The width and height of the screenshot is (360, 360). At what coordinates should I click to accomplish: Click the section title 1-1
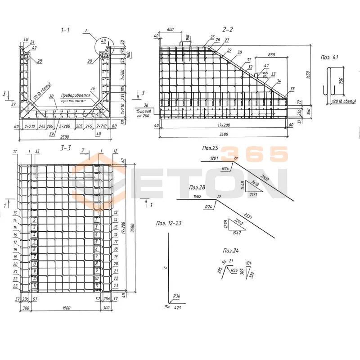[x=66, y=30]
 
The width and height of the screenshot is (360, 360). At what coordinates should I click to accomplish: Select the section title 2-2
[x=229, y=29]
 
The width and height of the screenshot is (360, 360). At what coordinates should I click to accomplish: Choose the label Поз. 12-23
[x=169, y=223]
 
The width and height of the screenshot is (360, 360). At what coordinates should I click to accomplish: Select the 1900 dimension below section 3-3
[x=66, y=308]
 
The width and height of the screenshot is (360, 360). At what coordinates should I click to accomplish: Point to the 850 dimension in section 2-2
[x=271, y=54]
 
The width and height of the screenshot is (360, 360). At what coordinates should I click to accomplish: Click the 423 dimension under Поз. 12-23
[x=177, y=308]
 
